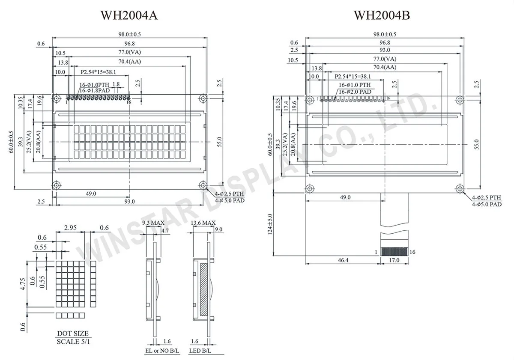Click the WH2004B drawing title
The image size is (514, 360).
coord(382,15)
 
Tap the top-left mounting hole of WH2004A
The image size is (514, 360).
coord(56,99)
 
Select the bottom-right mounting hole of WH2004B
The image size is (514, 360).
coord(460,188)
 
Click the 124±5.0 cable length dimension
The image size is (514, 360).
coord(269,224)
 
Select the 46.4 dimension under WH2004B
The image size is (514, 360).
coord(343,260)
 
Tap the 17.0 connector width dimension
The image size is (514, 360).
coord(394,260)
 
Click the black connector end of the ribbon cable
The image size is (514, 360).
coord(394,252)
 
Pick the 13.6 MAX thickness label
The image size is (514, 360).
coord(203,223)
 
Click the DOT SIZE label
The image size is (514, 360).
coord(72,333)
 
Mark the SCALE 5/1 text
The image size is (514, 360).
coord(72,342)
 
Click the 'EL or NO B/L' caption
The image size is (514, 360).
coord(160,351)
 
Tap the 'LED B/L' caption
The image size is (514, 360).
coord(201,351)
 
